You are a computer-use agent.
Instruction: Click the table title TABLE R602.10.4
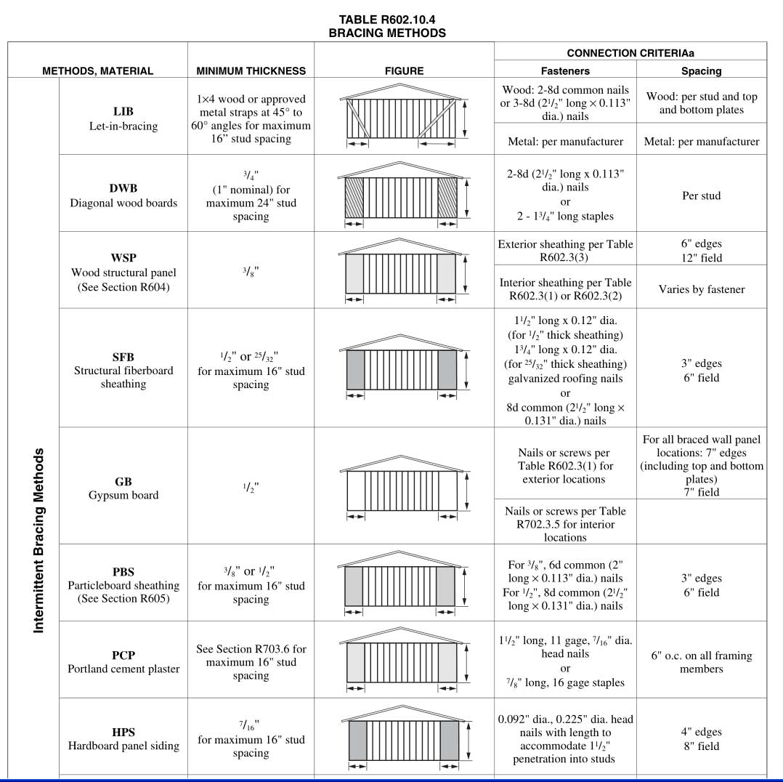(x=386, y=20)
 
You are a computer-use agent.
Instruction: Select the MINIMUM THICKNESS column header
(x=251, y=71)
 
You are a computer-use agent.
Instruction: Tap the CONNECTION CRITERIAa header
(x=630, y=53)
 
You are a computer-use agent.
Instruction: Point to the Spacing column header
(x=701, y=71)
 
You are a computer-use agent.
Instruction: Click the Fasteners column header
(x=565, y=71)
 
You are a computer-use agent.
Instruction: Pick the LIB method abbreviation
(x=123, y=112)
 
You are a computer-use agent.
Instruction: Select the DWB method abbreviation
(x=123, y=188)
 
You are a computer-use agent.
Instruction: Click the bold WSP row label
(x=123, y=258)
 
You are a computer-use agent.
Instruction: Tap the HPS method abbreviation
(x=123, y=732)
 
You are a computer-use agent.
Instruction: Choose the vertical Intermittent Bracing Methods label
(x=39, y=540)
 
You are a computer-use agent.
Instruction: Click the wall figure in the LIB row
(x=403, y=118)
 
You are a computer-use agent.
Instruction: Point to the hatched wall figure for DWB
(x=403, y=195)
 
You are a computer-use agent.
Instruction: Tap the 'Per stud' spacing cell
(x=701, y=195)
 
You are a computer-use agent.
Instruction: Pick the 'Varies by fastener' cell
(x=701, y=289)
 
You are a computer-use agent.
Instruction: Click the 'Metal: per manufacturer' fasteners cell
(x=565, y=142)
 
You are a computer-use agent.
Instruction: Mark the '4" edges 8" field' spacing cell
(x=701, y=739)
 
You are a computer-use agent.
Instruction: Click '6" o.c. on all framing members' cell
(x=701, y=662)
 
